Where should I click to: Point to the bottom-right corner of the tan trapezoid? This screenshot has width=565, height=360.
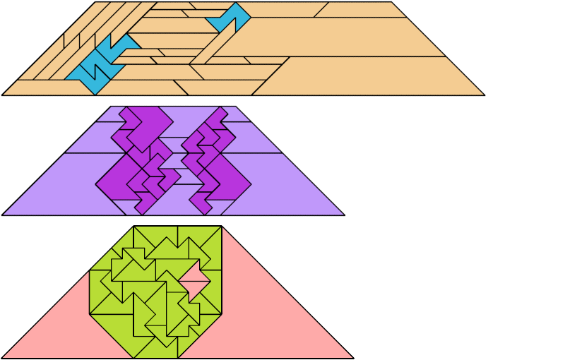[x=484, y=95]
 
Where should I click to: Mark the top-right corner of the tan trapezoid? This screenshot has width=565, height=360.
[x=391, y=2]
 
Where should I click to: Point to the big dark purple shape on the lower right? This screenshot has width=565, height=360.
[x=230, y=180]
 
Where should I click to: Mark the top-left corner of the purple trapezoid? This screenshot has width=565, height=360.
[x=110, y=107]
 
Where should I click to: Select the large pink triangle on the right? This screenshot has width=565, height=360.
[x=282, y=318]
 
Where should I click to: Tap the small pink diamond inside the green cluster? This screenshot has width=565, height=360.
[x=195, y=282]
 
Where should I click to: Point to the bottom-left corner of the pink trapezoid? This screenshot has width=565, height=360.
[x=2, y=358]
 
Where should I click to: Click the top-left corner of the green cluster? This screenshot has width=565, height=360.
[x=133, y=227]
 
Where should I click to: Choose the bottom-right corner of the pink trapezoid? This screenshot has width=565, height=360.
[x=353, y=358]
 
